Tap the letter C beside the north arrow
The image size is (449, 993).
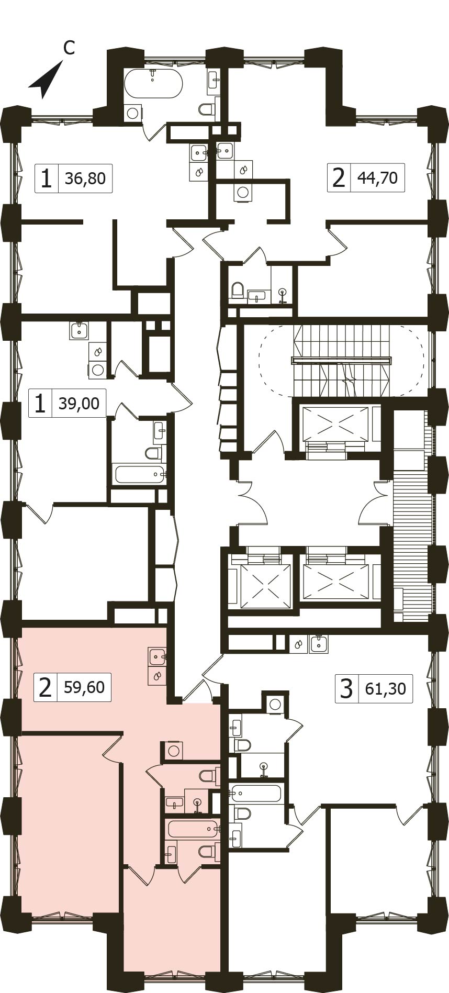69,48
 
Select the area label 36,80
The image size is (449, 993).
85,178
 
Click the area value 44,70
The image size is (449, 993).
377,178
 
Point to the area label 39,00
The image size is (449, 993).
79,403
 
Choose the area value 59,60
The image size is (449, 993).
84,687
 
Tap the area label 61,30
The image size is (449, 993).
386,688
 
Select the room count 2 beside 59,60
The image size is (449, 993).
45,687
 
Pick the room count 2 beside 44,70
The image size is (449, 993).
339,178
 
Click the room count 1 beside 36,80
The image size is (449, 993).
47,178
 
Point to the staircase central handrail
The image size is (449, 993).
341,360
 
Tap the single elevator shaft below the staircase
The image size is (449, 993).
335,423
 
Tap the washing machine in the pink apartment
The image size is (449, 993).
174,751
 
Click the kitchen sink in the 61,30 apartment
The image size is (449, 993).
319,644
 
